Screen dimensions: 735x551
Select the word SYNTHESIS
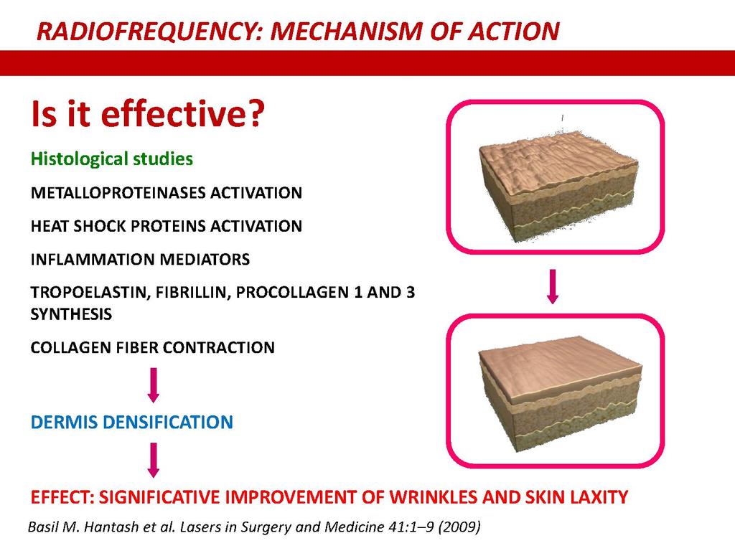click(x=71, y=314)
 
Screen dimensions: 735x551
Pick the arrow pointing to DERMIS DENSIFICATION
click(x=154, y=385)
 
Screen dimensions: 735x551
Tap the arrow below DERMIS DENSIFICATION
click(x=154, y=460)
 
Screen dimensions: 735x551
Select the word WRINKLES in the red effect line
click(x=433, y=496)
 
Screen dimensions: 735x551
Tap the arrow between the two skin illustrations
click(x=553, y=286)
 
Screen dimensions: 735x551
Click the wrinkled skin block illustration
click(x=558, y=185)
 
